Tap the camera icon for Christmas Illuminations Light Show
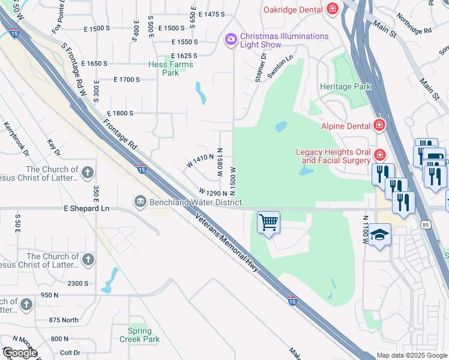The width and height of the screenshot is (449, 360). click(231, 40)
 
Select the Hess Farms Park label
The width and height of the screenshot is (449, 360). click(170, 68)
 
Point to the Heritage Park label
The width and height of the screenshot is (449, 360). click(345, 86)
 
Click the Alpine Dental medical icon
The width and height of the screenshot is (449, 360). click(379, 125)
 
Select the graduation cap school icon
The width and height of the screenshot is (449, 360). click(379, 234)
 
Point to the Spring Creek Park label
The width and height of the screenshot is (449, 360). click(144, 335)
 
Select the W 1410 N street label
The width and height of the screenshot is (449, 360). click(200, 160)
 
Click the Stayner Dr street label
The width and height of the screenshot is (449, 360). click(260, 67)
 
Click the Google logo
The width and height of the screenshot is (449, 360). click(20, 353)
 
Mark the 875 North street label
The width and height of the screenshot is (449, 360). click(64, 320)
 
